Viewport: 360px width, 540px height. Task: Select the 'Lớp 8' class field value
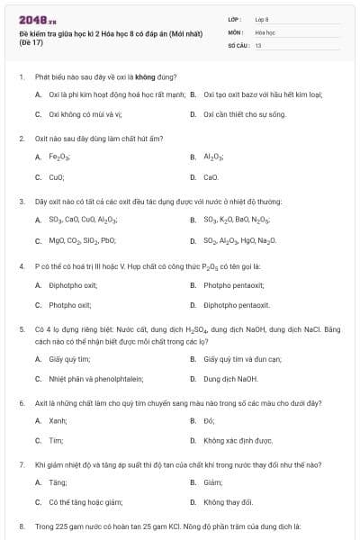pyautogui.click(x=262, y=18)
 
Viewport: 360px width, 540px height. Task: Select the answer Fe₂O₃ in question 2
pyautogui.click(x=59, y=157)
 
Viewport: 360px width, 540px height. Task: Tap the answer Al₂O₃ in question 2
pyautogui.click(x=213, y=157)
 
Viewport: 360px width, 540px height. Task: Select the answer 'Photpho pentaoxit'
pyautogui.click(x=234, y=285)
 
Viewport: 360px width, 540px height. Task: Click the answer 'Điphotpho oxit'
pyautogui.click(x=73, y=285)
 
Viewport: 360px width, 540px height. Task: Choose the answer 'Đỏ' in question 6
pyautogui.click(x=209, y=420)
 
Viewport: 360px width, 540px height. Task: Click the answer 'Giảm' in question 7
pyautogui.click(x=212, y=481)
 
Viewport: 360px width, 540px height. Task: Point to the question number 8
pyautogui.click(x=21, y=525)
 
